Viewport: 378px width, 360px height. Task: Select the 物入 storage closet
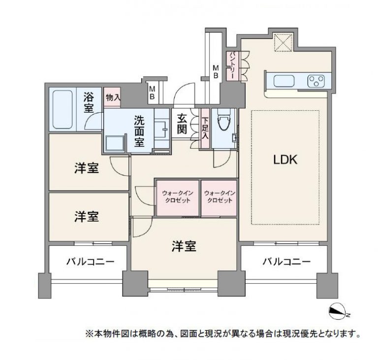point(113,97)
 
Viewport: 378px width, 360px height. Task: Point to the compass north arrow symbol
point(338,310)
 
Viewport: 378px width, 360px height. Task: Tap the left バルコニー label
point(90,262)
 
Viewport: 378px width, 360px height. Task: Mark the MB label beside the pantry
point(216,72)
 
